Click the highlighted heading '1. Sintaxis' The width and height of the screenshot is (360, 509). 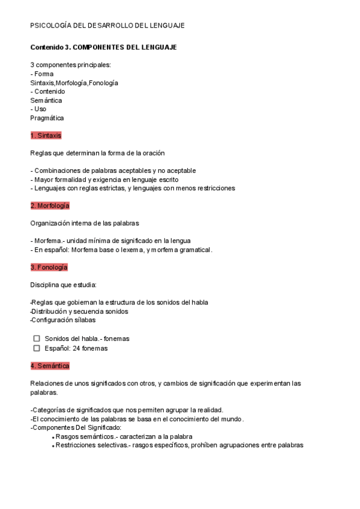pos(46,136)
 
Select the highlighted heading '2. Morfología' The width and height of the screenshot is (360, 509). pos(50,206)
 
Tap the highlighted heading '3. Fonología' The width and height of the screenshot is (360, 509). pos(49,267)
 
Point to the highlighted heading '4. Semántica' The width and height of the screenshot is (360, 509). pos(50,366)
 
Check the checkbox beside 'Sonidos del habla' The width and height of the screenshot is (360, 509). pos(37,339)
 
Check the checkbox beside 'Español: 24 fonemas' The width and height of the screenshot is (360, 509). pos(37,348)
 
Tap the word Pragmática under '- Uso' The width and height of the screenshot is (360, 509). pos(47,118)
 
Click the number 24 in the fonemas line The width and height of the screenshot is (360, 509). pos(74,348)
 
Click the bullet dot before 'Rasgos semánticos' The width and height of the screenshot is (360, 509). pos(53,438)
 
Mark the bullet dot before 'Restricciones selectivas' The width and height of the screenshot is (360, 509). pos(53,447)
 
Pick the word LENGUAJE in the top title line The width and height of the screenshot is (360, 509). pos(167,26)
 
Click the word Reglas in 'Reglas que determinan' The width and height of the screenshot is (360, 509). pos(40,153)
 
